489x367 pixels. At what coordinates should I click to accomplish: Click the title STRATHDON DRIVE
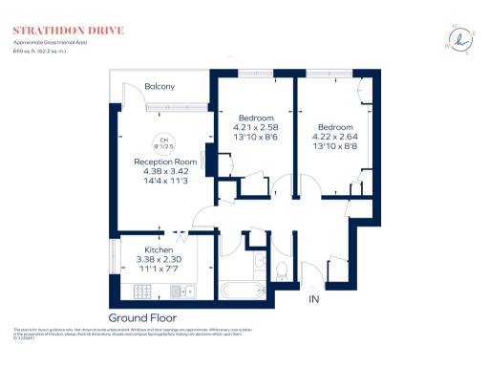[68, 31]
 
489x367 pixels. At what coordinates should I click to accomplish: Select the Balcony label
[159, 87]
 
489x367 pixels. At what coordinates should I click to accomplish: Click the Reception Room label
[165, 162]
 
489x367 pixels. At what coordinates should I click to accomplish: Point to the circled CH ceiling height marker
[163, 143]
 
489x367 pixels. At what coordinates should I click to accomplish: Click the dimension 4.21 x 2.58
[255, 127]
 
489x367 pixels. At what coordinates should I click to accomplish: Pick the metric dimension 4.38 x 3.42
[165, 172]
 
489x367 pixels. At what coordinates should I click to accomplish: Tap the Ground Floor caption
[142, 317]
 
